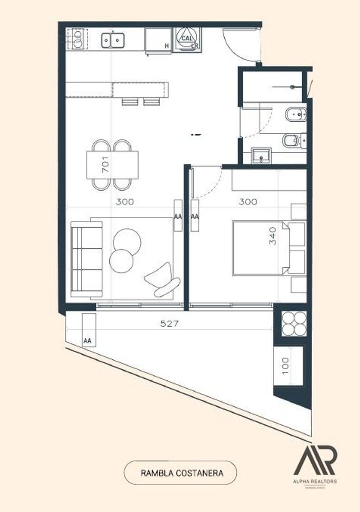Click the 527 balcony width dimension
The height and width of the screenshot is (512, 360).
point(169,324)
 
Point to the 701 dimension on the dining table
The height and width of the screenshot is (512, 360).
point(105,164)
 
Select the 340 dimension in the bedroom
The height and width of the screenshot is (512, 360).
point(272,235)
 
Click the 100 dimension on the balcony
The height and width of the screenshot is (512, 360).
point(286,366)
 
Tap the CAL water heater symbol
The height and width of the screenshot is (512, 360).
point(187,38)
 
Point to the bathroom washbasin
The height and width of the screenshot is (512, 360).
point(260,155)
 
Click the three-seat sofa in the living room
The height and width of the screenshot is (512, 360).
point(87,259)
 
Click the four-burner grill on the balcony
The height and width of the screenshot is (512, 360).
point(294,323)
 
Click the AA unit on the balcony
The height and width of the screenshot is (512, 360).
point(88,330)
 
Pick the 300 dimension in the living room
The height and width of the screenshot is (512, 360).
point(125,201)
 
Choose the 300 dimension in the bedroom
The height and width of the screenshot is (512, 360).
point(248,201)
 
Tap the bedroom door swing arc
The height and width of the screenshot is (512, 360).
point(209,183)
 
